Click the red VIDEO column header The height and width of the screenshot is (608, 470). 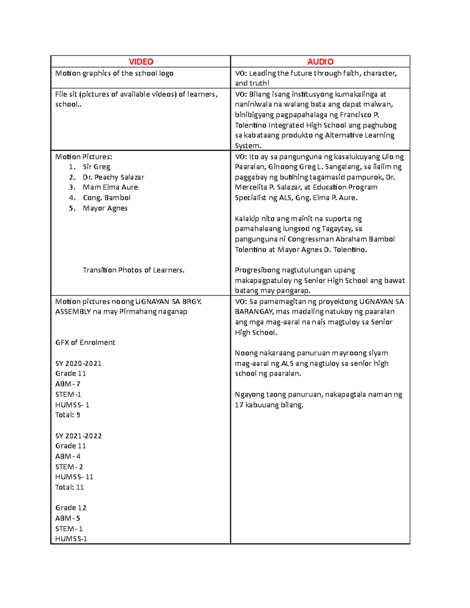coord(141,62)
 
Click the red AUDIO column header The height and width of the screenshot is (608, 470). coord(320,62)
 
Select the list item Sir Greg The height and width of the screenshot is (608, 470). coord(96,167)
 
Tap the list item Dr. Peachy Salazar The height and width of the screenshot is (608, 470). coord(113,177)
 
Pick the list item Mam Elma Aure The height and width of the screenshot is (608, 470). coord(110,188)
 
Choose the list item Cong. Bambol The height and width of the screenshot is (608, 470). coord(107,198)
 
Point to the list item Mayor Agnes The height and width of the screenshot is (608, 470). coord(105,208)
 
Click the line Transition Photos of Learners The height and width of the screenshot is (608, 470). coord(133,270)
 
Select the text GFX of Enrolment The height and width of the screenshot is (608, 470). coord(85,343)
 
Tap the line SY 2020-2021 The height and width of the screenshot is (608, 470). coord(78,363)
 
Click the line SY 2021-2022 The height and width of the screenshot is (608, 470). coord(78,436)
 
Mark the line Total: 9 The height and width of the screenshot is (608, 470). coord(67,415)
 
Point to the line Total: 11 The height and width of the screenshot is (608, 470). coord(69,487)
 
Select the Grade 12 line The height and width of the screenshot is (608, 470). coord(70,508)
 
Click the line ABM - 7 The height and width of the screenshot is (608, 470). coord(67,384)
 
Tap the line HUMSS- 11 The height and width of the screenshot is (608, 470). coord(74,477)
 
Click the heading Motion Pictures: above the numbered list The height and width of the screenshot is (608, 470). coord(83,157)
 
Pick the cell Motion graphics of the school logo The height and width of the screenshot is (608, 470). coord(114,73)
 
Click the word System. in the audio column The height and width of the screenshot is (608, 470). coord(248,146)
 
